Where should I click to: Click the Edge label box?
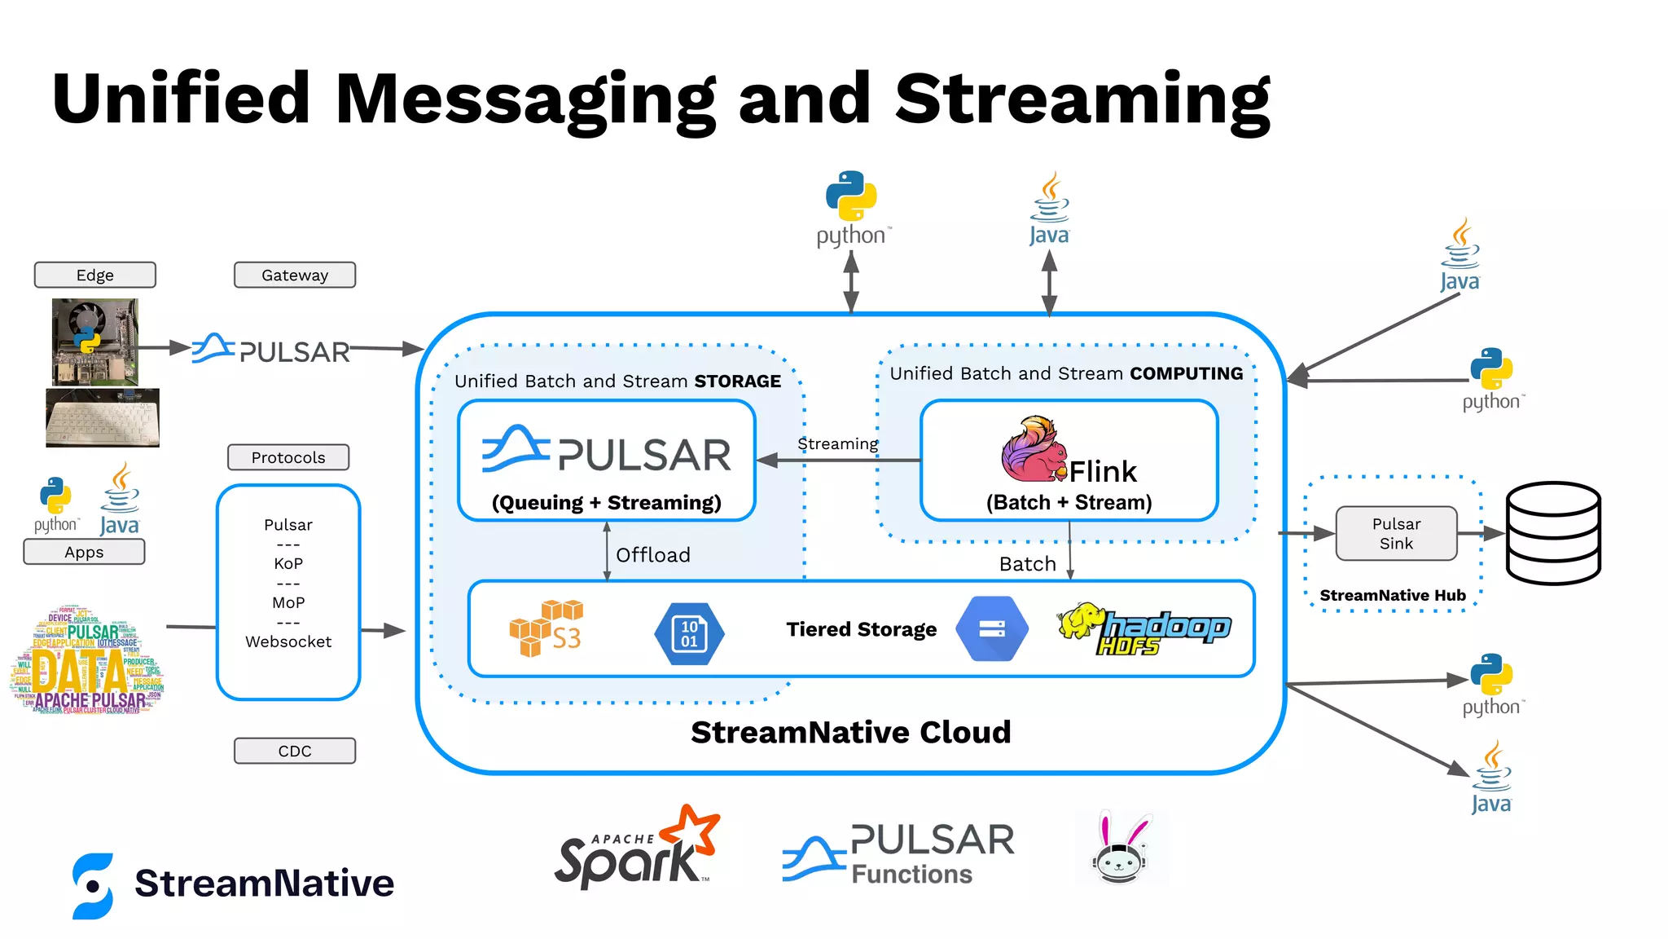(x=94, y=275)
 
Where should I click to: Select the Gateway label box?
(x=295, y=275)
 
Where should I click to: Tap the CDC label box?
(x=295, y=751)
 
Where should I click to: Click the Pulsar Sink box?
(x=1396, y=534)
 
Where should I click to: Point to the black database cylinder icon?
(x=1553, y=533)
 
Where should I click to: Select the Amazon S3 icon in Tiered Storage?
(x=546, y=628)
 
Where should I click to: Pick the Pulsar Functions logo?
(x=898, y=853)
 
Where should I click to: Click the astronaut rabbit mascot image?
(x=1122, y=849)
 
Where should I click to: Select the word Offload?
(x=652, y=555)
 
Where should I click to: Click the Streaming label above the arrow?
(x=837, y=443)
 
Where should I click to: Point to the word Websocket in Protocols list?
(x=288, y=641)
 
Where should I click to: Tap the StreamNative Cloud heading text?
(x=850, y=732)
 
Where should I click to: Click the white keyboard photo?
(x=103, y=418)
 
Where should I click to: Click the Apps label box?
(x=84, y=552)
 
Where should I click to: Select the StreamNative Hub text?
(x=1392, y=595)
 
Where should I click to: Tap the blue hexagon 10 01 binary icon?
(x=689, y=633)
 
